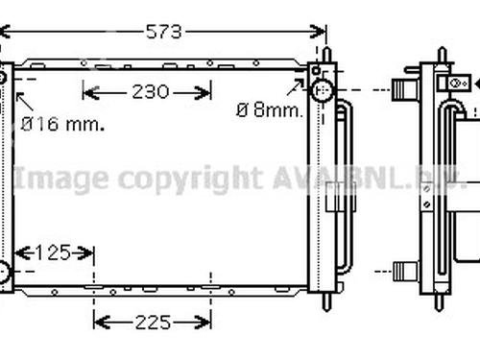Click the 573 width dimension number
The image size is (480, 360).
[x=164, y=32]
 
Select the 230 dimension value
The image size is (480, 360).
[x=151, y=92]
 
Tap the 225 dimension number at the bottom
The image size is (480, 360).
[x=153, y=323]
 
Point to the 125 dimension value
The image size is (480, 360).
[x=53, y=252]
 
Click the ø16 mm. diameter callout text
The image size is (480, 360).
[x=62, y=124]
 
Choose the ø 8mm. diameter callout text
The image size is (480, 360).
[x=270, y=110]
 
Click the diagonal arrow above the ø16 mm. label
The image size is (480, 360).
[x=24, y=102]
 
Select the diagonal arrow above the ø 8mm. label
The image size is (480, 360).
[x=295, y=87]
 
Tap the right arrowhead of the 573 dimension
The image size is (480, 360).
[x=318, y=32]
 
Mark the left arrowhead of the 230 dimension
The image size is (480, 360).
[x=91, y=92]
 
